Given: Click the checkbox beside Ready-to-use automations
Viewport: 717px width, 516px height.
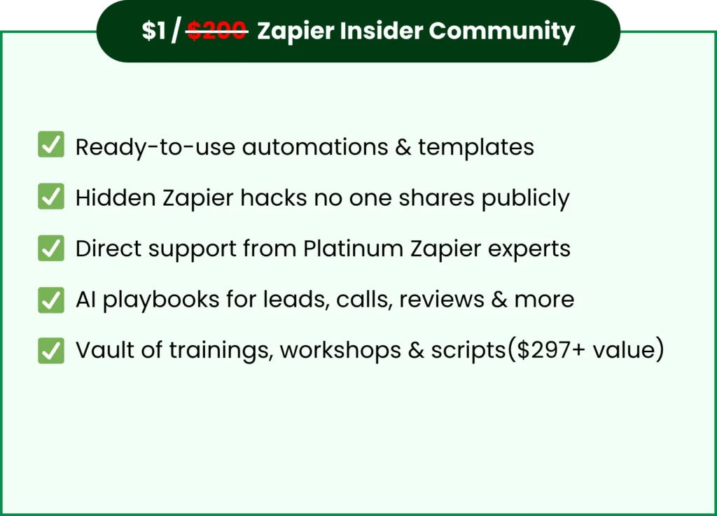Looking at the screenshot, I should (51, 146).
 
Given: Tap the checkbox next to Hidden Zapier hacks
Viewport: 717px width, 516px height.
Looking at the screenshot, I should (51, 197).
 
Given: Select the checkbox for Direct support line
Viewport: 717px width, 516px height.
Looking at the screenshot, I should (51, 248).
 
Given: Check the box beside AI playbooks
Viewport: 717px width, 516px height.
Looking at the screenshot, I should (51, 299).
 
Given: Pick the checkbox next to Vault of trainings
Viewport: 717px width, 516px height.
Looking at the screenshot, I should (51, 349).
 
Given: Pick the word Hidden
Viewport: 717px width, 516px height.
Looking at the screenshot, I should (114, 198).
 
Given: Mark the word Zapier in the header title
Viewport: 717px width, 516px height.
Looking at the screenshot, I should (293, 32).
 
